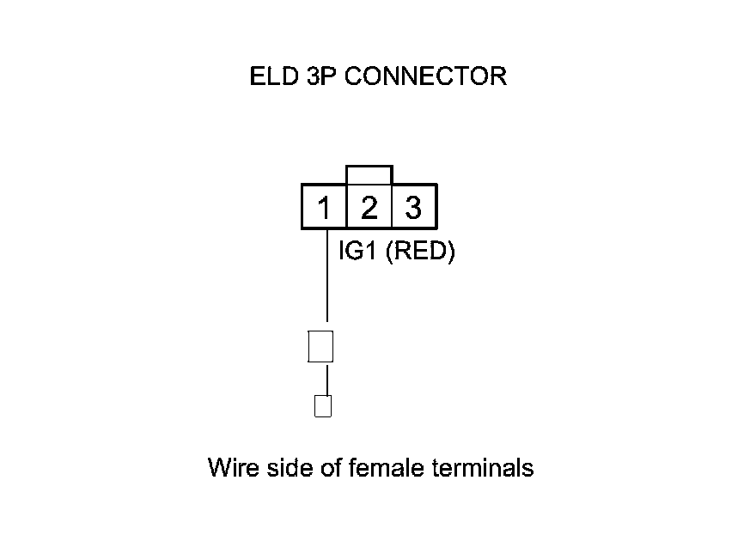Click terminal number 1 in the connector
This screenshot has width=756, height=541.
coord(324,208)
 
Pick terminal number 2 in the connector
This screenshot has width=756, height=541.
coord(369,208)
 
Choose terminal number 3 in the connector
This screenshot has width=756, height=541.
coord(413,208)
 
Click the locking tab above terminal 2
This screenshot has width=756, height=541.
coord(369,174)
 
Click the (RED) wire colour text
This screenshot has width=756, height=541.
coord(420,253)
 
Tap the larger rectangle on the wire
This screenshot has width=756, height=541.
coord(320,346)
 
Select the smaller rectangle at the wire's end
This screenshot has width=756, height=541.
coord(323,405)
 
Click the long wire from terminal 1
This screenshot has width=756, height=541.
coord(327,275)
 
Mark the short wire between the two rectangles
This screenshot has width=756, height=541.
coord(326,379)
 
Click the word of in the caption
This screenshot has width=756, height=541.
coord(328,468)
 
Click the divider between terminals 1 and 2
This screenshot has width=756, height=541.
coord(346,207)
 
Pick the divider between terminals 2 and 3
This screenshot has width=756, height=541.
coord(392,207)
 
